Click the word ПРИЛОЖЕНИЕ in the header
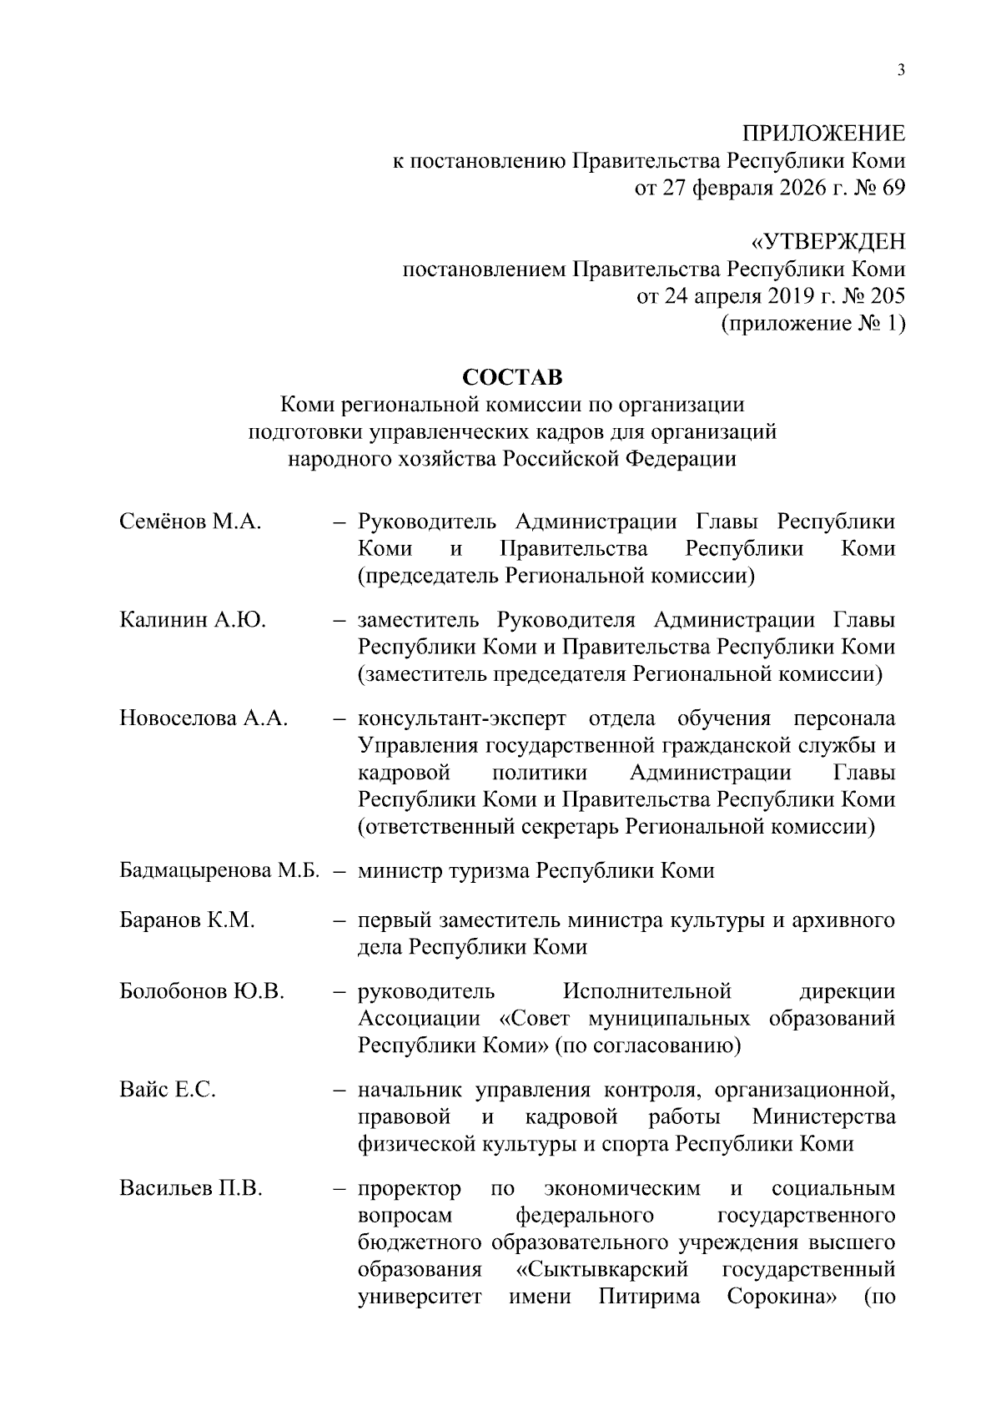(x=823, y=134)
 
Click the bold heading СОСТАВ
(x=512, y=377)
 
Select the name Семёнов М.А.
(x=190, y=522)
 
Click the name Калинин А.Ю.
(x=193, y=620)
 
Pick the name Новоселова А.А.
(x=204, y=718)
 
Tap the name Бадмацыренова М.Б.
(x=220, y=871)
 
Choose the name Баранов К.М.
(x=187, y=920)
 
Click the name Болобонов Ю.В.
(x=202, y=991)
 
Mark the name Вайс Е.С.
(x=167, y=1090)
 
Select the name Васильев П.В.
(x=191, y=1188)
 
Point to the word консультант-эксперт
(x=462, y=718)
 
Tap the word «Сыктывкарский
(x=597, y=1270)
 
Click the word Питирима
(x=649, y=1298)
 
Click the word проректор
(x=409, y=1188)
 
